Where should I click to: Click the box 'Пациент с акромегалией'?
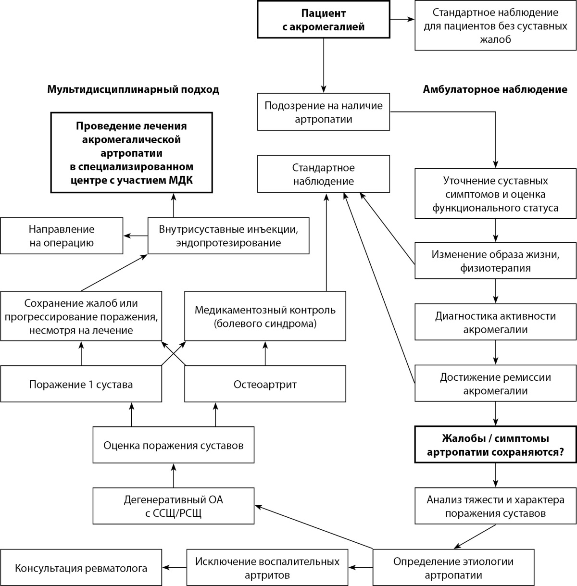[323, 19]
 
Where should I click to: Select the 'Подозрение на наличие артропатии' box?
[323, 112]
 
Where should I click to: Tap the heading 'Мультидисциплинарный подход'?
[133, 90]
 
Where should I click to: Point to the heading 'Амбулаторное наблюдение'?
[495, 89]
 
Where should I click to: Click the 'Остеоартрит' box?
[265, 384]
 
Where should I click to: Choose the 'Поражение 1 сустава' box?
[81, 384]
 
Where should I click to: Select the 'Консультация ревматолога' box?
[81, 567]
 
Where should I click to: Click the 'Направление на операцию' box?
[62, 236]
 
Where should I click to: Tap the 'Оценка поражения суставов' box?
[174, 445]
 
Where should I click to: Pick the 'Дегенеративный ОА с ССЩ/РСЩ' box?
[174, 506]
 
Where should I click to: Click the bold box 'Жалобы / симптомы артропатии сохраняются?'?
[495, 445]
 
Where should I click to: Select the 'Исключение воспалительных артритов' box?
[267, 567]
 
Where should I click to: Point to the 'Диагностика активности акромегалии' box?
[495, 322]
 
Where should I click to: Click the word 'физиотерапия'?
[495, 268]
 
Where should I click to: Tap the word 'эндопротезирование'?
[228, 243]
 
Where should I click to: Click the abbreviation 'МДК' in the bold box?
[181, 180]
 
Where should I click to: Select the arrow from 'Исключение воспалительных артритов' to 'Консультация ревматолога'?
[174, 567]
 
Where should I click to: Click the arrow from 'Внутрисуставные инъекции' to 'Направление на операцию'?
[136, 236]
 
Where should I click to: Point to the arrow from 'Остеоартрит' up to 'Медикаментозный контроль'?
[265, 353]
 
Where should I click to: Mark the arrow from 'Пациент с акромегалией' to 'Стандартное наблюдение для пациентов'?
[402, 19]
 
